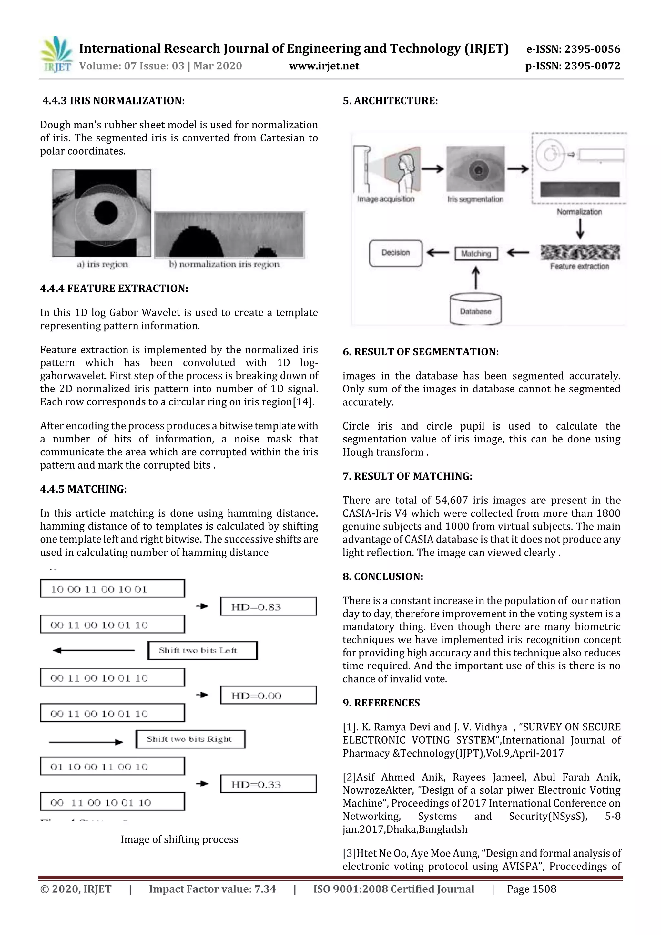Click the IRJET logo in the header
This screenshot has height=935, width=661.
click(x=56, y=54)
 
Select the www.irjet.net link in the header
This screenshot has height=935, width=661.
click(x=324, y=66)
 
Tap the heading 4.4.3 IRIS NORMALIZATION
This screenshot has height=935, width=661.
click(x=114, y=101)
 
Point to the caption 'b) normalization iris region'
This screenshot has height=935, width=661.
click(x=224, y=264)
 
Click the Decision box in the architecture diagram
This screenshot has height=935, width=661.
click(x=395, y=253)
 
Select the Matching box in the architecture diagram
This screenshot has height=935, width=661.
click(x=476, y=254)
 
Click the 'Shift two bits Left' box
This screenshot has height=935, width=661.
click(x=202, y=650)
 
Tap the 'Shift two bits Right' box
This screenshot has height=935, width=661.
click(x=190, y=739)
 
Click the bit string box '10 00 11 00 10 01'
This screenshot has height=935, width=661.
click(x=112, y=589)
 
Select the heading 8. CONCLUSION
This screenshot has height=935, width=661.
click(x=382, y=577)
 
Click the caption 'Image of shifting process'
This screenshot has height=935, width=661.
click(x=179, y=839)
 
